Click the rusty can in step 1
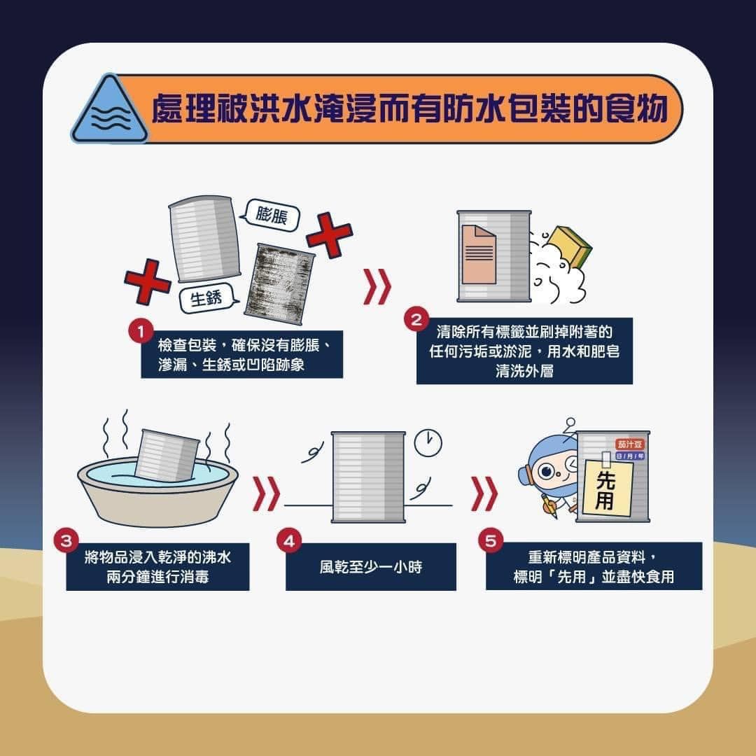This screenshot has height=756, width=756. click(284, 282)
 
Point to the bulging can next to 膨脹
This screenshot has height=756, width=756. click(204, 238)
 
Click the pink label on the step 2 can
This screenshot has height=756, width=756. click(479, 254)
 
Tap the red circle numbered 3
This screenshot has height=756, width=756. click(66, 540)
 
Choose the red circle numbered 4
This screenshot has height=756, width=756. click(288, 540)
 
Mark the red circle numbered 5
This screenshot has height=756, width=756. click(490, 540)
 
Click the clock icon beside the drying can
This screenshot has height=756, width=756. click(428, 442)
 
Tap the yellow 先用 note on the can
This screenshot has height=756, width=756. click(607, 487)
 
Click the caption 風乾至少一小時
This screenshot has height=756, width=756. click(371, 567)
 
